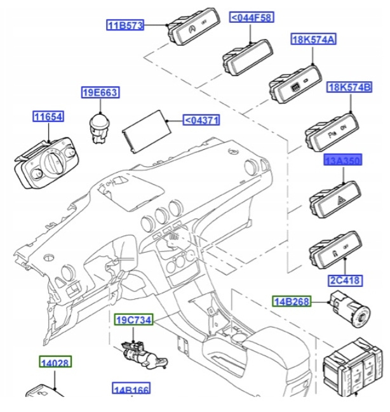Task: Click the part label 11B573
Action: coord(125,25)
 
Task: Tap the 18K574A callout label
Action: coord(313,39)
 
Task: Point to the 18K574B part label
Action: coord(349,86)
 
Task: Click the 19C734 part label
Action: coord(133,321)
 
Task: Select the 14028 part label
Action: coord(53,362)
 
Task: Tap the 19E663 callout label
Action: coord(100,93)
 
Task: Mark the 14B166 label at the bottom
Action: coord(132,389)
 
